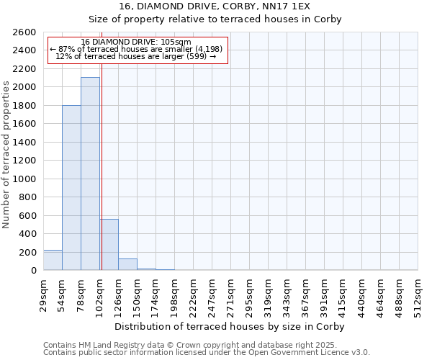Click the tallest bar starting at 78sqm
pos(90,174)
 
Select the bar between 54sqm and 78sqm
pos(71,187)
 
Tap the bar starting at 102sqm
pos(109,245)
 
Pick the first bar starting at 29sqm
pos(53,260)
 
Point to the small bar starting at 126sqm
pos(127,264)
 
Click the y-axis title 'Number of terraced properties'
pos(6,155)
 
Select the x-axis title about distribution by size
pos(230,326)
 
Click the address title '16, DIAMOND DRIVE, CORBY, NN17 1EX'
pos(230,6)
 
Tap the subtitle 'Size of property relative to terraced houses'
pos(230,19)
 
